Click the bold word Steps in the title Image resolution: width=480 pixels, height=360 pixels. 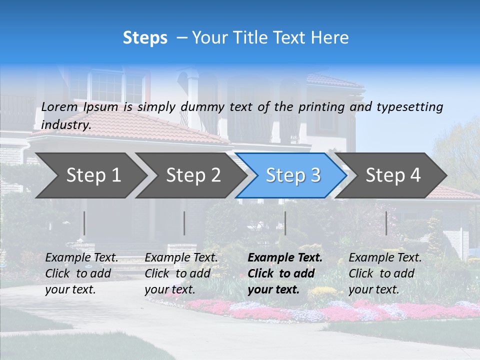pos(145,38)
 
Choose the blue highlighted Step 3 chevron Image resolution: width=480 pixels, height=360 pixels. pos(293,175)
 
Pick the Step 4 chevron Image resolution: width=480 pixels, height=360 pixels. pos(393,175)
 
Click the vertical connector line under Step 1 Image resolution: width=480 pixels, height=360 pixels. pos(84,223)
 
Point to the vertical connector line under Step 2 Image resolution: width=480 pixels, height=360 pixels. pos(184,223)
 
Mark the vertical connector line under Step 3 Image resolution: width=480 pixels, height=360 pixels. pos(285,223)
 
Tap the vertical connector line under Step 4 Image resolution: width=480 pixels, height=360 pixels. pos(386,223)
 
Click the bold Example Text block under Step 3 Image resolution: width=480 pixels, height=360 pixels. pos(284,273)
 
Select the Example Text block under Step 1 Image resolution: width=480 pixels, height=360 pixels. pos(81,273)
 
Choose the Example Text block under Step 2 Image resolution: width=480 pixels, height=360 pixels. pos(181,273)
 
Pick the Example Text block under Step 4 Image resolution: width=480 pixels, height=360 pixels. pos(385,273)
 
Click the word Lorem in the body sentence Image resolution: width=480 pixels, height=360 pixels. pos(59,107)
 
